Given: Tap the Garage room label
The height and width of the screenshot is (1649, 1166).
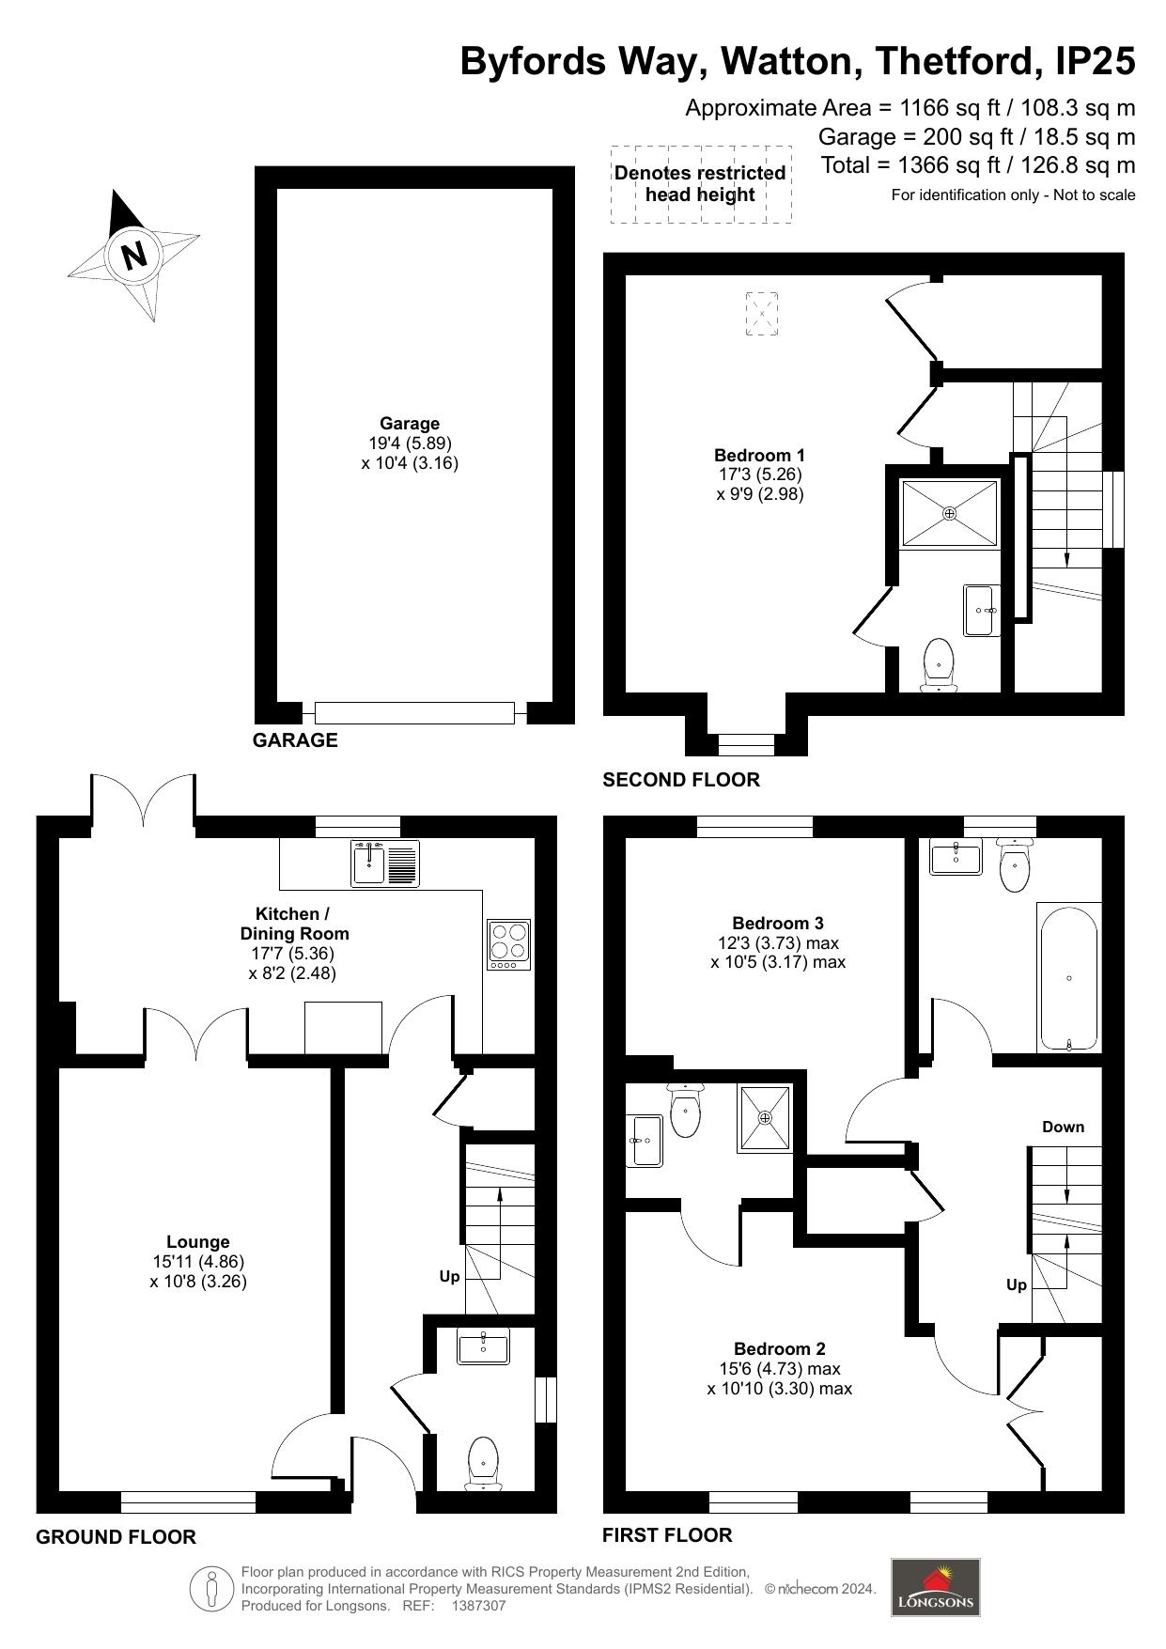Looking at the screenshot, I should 410,424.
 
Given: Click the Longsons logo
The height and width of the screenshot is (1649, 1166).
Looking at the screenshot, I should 935,1587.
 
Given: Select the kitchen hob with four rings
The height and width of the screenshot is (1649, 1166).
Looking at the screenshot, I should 508,944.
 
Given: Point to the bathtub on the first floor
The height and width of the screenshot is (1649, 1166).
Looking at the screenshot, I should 1069,978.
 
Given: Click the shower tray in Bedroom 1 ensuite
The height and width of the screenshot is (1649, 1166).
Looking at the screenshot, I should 949,513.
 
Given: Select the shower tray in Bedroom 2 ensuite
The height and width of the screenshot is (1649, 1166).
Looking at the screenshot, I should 765,1118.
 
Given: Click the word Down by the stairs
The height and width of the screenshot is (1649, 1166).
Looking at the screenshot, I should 1063,1127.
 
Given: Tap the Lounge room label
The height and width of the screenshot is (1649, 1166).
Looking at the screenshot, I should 197,1242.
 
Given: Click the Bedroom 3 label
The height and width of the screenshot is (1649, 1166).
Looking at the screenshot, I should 778,923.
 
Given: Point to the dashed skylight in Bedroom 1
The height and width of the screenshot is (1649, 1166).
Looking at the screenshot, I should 762,313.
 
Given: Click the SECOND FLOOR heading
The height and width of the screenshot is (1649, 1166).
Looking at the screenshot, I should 680,780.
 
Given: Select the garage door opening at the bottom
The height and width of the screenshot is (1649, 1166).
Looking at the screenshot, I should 414,712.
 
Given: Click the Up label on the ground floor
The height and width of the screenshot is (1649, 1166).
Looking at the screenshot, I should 449,1277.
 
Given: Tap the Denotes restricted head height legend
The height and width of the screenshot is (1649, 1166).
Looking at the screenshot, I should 700,184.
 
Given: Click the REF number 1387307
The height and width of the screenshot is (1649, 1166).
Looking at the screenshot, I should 478,1606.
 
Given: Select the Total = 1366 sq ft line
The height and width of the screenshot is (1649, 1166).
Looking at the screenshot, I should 977,165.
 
